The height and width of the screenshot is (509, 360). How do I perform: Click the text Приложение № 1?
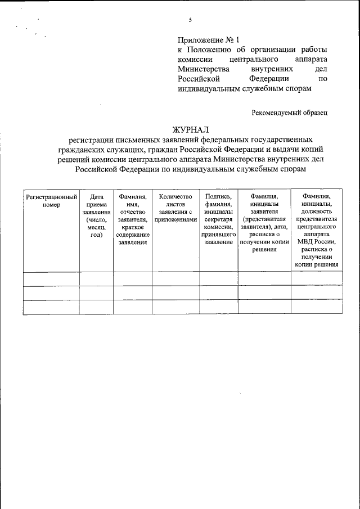coord(208,40)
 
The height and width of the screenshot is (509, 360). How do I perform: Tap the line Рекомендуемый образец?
coord(289,112)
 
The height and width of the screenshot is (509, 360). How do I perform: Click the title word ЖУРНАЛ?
coord(191,130)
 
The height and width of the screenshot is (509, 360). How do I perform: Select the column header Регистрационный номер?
coord(51,201)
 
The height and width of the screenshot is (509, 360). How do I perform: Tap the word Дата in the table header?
coord(96,197)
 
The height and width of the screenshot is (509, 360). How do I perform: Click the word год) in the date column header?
coord(96,235)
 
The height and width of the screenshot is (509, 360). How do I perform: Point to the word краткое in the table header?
coord(133,227)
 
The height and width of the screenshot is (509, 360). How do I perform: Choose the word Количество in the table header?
coord(175,197)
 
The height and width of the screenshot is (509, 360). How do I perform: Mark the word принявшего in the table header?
coord(218,235)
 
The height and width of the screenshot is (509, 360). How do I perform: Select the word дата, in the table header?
coord(280,227)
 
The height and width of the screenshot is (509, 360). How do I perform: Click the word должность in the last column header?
coord(316,212)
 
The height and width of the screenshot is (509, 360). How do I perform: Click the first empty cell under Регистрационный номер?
coord(51,279)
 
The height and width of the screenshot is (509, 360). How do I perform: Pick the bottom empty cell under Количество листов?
coord(175,308)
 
